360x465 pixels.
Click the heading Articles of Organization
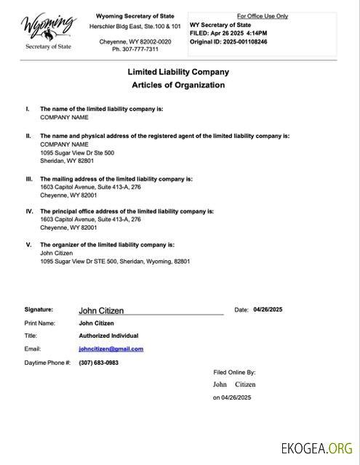[178, 85]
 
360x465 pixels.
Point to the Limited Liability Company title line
[178, 72]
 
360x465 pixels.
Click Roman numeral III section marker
[29, 178]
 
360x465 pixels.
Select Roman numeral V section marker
[29, 245]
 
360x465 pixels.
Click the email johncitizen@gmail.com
[111, 349]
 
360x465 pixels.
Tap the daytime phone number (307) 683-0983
[98, 362]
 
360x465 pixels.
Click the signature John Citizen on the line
[101, 311]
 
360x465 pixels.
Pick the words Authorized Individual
[108, 336]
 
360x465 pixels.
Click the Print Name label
[40, 323]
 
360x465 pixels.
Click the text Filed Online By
[234, 371]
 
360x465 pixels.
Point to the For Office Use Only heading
[263, 16]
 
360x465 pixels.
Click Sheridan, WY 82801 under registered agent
[67, 161]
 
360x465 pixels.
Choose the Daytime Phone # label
[47, 362]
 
